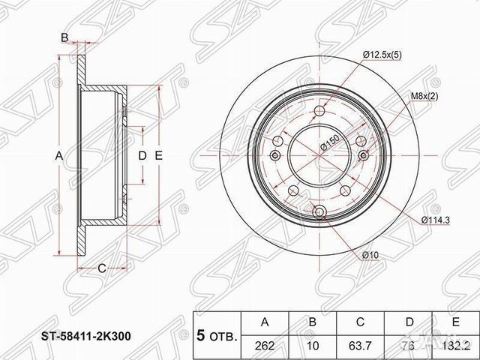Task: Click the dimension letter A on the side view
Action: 58,155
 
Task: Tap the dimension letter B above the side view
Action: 64,37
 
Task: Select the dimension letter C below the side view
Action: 100,268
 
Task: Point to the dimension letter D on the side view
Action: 142,155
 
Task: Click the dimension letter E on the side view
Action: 158,155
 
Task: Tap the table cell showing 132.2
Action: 451,345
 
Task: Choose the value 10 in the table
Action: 311,345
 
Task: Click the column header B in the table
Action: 311,322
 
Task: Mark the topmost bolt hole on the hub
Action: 321,109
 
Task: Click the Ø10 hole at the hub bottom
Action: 321,212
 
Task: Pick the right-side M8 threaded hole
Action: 364,154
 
